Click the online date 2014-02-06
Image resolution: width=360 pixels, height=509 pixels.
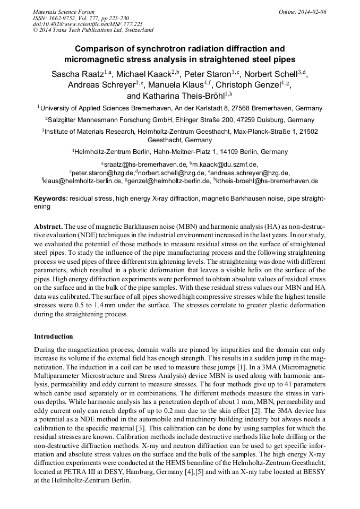tap(312, 11)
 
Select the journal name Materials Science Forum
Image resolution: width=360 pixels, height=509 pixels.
tap(64, 11)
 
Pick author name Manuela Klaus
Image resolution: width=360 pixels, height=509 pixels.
tap(176, 85)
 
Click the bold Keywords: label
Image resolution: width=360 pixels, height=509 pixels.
tap(51, 198)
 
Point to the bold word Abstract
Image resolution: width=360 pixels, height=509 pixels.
tap(49, 225)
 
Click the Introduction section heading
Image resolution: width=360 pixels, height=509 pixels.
tap(54, 337)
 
